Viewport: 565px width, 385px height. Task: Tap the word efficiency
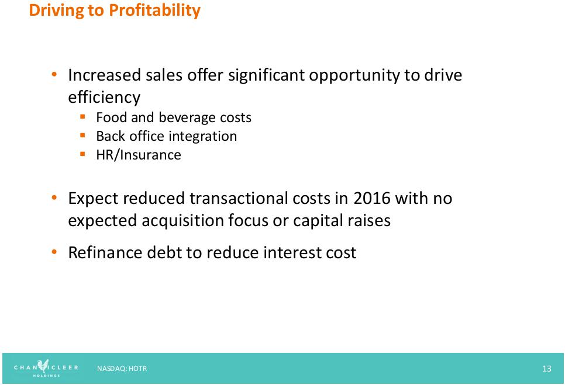[x=104, y=97]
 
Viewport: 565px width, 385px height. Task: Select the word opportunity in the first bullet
[x=354, y=75]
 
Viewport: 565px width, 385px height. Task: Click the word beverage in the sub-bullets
[x=187, y=117]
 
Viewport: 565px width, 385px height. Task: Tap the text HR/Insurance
[x=139, y=155]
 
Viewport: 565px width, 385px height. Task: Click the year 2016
[x=372, y=198]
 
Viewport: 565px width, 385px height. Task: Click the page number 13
[x=547, y=369]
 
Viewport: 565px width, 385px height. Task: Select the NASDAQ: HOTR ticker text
[x=122, y=369]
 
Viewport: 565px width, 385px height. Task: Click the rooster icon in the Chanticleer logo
[x=43, y=365]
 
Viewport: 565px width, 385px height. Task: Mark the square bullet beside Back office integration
[x=82, y=136]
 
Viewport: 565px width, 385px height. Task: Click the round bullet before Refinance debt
[x=54, y=252]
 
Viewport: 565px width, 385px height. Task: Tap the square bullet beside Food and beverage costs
[x=82, y=117]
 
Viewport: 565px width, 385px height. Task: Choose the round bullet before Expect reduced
[x=54, y=197]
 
